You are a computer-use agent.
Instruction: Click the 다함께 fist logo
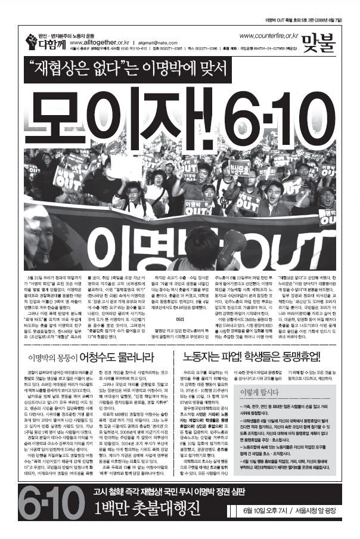(x=32, y=41)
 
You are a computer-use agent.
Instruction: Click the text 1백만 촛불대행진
(x=139, y=518)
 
